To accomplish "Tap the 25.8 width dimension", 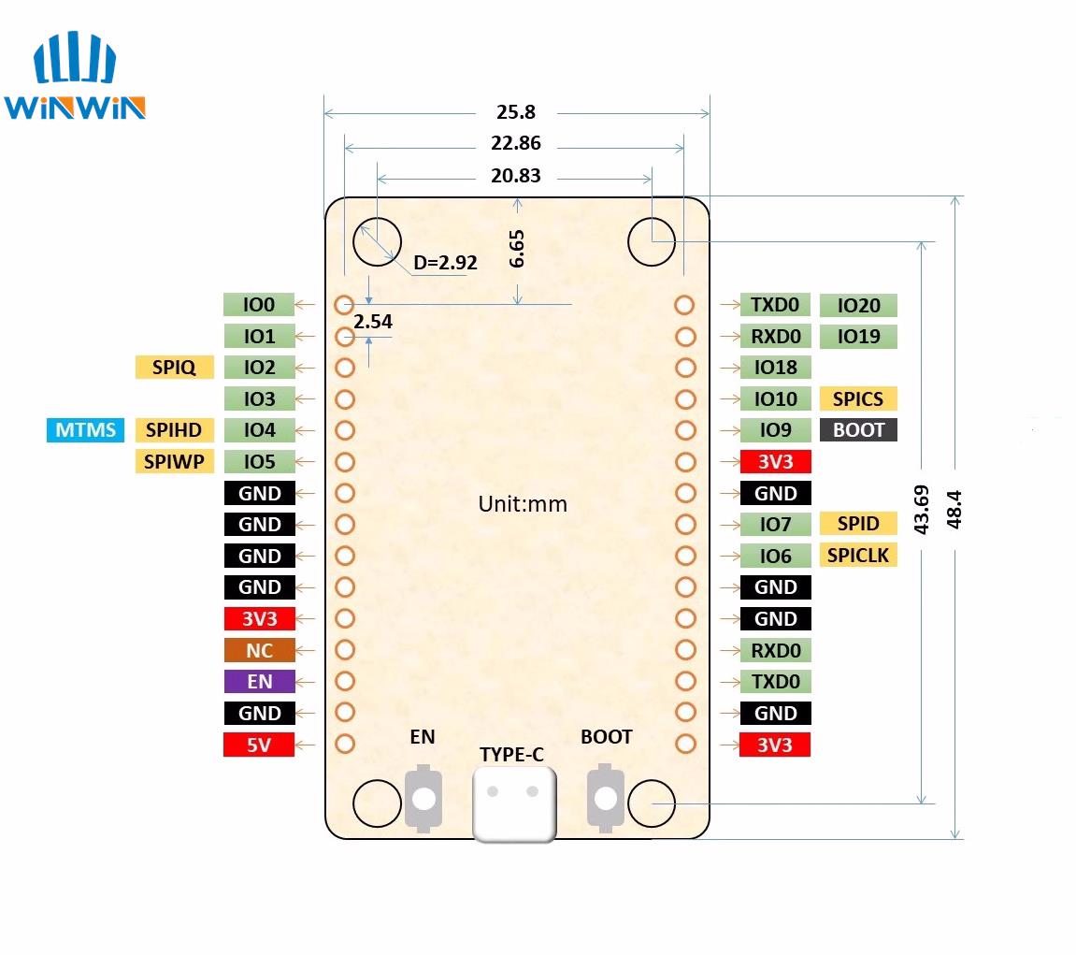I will tap(516, 112).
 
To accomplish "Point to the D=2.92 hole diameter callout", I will tap(445, 263).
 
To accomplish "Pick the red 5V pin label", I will tap(259, 745).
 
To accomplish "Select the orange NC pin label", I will tap(259, 650).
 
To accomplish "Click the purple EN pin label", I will tap(259, 681).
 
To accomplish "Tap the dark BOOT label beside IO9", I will tap(857, 430).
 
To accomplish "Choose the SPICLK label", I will tap(857, 556).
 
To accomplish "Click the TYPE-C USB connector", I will tap(514, 803).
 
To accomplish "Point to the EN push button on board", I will tap(423, 798).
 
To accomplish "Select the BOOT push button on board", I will tap(606, 798).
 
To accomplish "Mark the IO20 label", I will tap(857, 305).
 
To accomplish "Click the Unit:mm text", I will tap(523, 504).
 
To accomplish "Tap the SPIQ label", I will tap(174, 368).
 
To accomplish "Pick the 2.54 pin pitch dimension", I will tap(372, 322).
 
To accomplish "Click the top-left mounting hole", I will tap(377, 242).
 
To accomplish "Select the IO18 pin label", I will tap(775, 368).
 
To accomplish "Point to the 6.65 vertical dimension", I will tap(517, 249).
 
